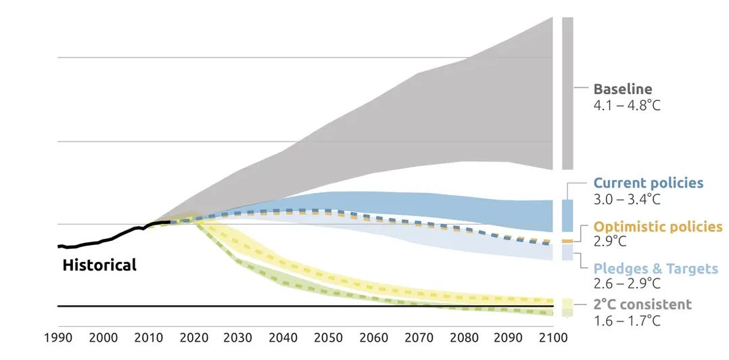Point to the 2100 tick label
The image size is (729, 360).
(x=553, y=338)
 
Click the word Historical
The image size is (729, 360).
(x=99, y=265)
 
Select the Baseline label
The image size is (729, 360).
(x=622, y=89)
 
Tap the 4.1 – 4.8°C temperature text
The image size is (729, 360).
(x=626, y=106)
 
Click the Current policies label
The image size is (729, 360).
(x=648, y=183)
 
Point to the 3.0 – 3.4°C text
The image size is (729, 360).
(x=626, y=200)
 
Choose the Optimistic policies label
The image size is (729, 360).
(x=658, y=227)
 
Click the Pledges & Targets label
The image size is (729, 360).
(x=655, y=269)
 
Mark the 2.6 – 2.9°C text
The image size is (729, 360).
(x=626, y=284)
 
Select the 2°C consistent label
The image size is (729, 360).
(x=642, y=305)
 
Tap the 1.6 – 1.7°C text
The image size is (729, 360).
(x=626, y=321)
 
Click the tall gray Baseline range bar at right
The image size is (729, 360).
(x=567, y=93)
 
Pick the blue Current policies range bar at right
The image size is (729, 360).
(x=567, y=216)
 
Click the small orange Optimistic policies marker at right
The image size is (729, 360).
(x=567, y=241)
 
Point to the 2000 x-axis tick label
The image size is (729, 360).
(x=103, y=338)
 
